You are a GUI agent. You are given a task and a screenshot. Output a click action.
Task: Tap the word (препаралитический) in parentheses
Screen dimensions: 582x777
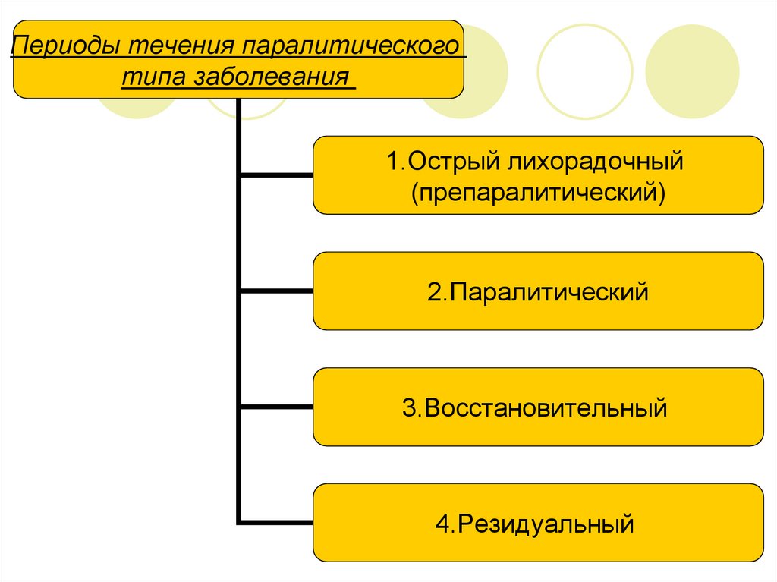coord(539,190)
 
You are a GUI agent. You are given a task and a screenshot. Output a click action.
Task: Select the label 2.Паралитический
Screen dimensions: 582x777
coord(538,291)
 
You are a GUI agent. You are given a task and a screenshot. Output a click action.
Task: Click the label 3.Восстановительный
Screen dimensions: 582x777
coord(535,407)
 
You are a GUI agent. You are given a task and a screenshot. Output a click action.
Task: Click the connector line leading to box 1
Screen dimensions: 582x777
coord(276,175)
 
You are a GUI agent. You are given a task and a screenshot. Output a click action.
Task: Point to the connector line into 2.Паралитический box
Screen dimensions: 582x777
coord(276,291)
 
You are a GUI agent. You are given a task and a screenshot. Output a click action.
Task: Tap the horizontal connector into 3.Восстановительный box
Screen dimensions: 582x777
coord(276,407)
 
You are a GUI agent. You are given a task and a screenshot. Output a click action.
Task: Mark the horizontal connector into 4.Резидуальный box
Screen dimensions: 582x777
coord(276,522)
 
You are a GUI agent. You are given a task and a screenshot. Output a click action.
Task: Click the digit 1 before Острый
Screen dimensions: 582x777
coord(392,162)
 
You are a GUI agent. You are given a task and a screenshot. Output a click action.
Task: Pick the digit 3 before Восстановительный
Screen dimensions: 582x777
coord(409,408)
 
